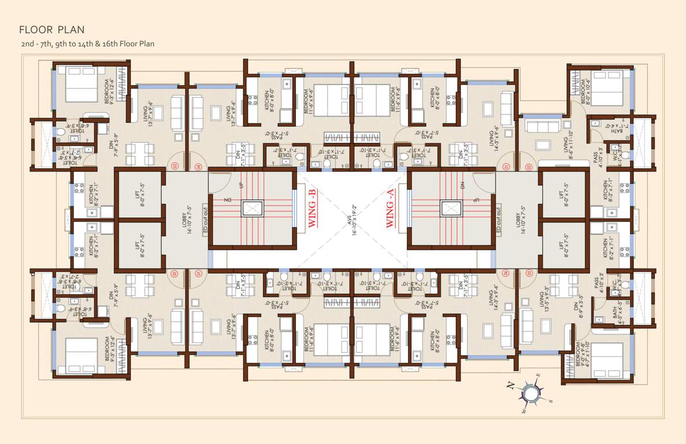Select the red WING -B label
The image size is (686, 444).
pyautogui.click(x=312, y=209)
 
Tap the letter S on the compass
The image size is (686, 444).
pyautogui.click(x=550, y=401)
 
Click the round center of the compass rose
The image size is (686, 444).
pyautogui.click(x=529, y=394)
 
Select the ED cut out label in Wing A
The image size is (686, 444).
pyautogui.click(x=498, y=220)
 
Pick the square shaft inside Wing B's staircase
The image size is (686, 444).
pyautogui.click(x=252, y=209)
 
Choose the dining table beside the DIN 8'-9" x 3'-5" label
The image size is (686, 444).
pyautogui.click(x=562, y=284)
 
